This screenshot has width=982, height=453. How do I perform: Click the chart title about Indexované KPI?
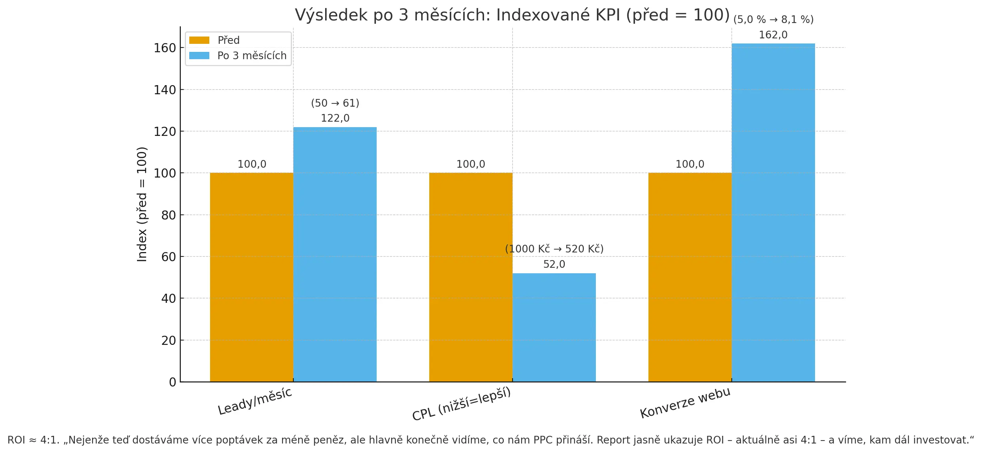(x=512, y=15)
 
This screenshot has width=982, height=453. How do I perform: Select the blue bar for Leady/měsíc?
(x=335, y=254)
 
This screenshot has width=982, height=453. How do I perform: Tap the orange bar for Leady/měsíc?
(x=252, y=277)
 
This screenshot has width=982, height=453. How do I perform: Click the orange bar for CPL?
(x=471, y=277)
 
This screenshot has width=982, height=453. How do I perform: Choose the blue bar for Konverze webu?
(x=773, y=212)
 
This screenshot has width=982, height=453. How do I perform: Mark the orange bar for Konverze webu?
(x=690, y=277)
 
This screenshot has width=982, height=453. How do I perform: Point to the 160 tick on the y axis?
(x=165, y=48)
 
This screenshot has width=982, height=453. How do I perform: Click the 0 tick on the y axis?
(x=172, y=382)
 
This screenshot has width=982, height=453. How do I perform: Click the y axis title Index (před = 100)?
(x=142, y=204)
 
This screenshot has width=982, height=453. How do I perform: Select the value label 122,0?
(x=335, y=118)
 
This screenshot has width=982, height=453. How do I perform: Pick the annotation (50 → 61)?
(x=335, y=103)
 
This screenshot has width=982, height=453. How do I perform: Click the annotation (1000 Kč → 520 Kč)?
(x=554, y=249)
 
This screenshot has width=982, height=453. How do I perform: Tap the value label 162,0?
(x=773, y=35)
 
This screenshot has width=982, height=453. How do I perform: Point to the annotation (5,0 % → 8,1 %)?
(x=773, y=19)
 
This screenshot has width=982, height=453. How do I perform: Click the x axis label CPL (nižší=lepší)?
(x=461, y=404)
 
